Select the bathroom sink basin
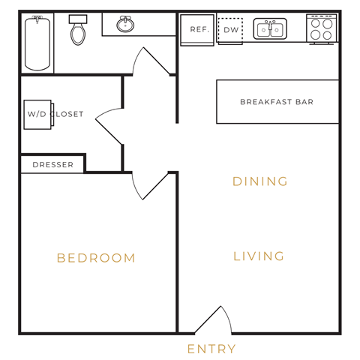click(x=125, y=25)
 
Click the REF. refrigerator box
click(x=198, y=30)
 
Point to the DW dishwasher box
click(x=230, y=30)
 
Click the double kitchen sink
click(x=269, y=30)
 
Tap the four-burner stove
click(x=322, y=29)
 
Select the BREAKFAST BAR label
click(x=277, y=102)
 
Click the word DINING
click(x=260, y=181)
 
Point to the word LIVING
click(x=259, y=256)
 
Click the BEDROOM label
click(x=96, y=258)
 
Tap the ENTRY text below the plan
click(x=211, y=349)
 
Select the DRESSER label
click(x=53, y=165)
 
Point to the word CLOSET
click(x=68, y=115)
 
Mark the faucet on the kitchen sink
click(x=269, y=23)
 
